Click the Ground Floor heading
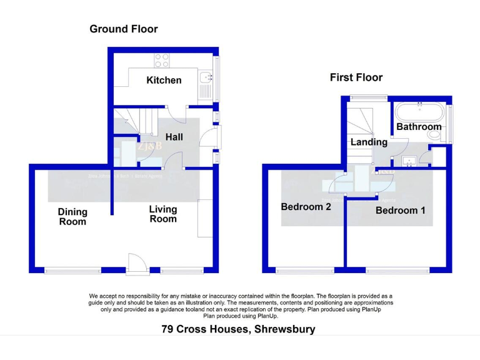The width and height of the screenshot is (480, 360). coord(123,29)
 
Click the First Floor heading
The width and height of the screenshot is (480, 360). coord(356,77)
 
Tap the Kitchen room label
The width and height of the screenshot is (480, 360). coord(164,80)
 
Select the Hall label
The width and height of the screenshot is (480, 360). coord(174,136)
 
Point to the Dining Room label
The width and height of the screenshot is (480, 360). coord(72,216)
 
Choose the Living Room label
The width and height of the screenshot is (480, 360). coord(162,214)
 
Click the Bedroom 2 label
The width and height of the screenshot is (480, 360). coord(306,207)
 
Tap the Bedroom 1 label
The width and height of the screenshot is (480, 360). coord(400,211)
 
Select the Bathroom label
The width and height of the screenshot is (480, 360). coord(419,127)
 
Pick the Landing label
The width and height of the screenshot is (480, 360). coord(369,142)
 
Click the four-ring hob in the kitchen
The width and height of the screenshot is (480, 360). coord(162,61)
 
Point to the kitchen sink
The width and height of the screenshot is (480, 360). coord(207,78)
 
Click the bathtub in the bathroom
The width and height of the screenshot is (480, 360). coord(419,113)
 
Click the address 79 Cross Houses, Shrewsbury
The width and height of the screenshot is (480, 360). coord(238,329)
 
